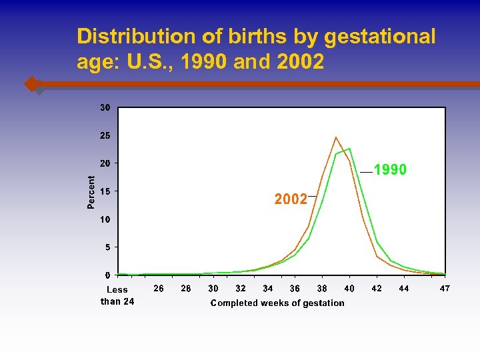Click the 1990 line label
[x=390, y=171]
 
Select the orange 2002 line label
[x=291, y=199]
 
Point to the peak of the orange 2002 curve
[x=336, y=137]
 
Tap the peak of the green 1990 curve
[x=349, y=149]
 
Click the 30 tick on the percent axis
[x=105, y=107]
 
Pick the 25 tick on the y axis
[x=105, y=135]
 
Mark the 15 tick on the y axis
[x=105, y=191]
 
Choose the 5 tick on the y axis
[x=107, y=247]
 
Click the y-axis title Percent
[x=91, y=191]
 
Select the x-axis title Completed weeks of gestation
[x=277, y=303]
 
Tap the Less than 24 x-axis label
[x=117, y=295]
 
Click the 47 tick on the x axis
[x=445, y=289]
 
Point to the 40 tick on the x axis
[x=349, y=289]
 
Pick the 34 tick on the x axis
[x=267, y=289]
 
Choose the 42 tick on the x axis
[x=377, y=289]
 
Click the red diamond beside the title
[x=31, y=85]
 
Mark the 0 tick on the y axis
[x=107, y=275]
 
